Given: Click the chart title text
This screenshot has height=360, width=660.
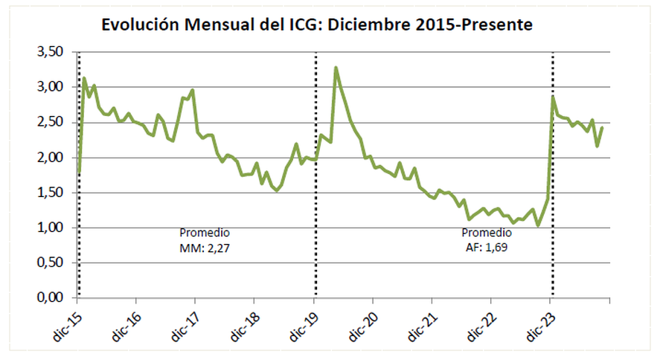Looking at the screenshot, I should coord(318,25).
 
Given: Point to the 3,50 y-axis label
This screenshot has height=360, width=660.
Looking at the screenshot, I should coord(52,52).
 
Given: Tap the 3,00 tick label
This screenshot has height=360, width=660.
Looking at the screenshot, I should coord(52,87).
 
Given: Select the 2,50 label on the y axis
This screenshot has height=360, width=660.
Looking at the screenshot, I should coord(52,122).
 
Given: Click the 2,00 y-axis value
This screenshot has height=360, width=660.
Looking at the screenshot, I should coord(52,158).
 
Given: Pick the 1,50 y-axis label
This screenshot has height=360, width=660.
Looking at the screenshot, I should coord(52,193).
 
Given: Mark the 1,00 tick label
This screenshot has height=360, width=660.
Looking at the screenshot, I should coord(52,228).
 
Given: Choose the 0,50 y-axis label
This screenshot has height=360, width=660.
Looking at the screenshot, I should coord(52,263).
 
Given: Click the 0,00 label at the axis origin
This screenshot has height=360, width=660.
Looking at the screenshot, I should coord(52,298).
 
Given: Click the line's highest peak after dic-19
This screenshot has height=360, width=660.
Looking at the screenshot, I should coord(336,68).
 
